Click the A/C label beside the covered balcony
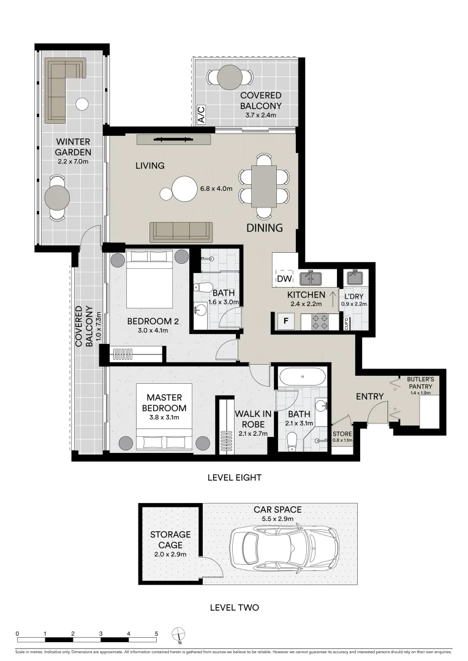[200, 114]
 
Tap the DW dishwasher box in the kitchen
[284, 279]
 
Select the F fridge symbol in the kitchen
[284, 319]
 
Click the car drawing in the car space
[284, 542]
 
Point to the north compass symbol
[178, 635]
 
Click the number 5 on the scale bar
[157, 633]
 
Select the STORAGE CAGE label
[170, 539]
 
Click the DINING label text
[265, 228]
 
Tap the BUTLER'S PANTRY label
[420, 383]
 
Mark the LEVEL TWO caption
[234, 608]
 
